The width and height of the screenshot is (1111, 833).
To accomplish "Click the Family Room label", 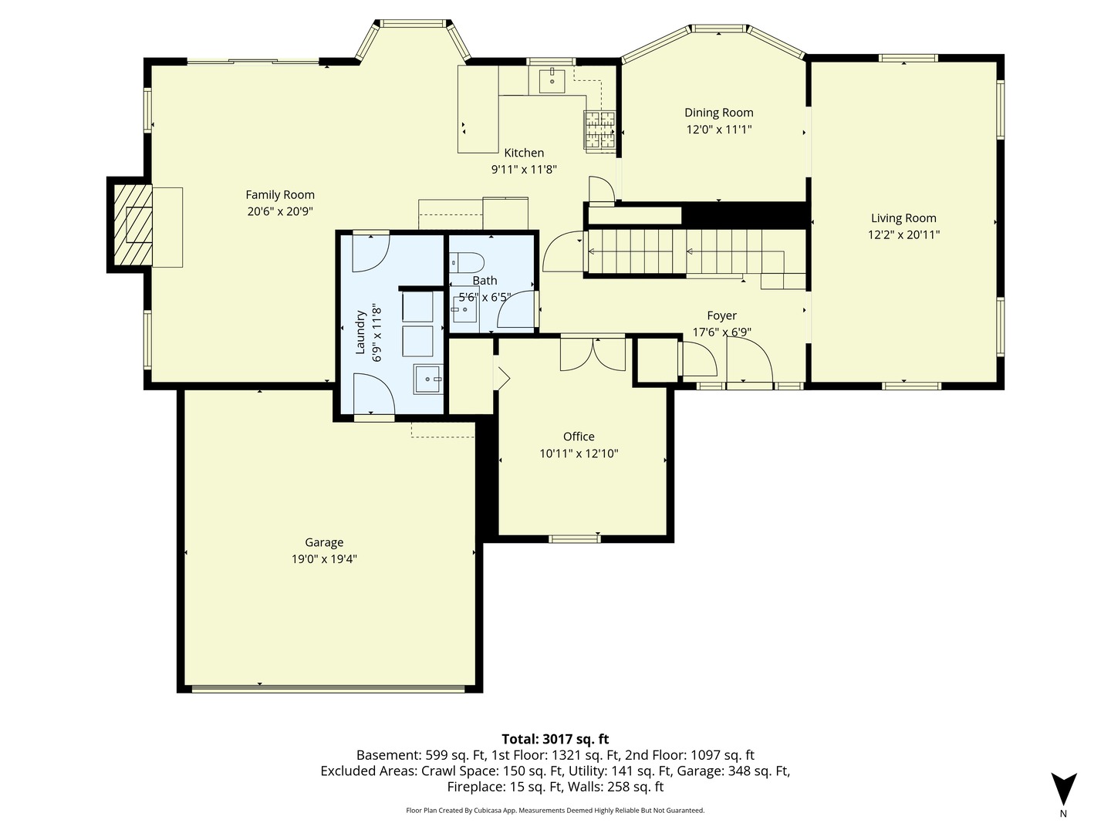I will pos(280,195).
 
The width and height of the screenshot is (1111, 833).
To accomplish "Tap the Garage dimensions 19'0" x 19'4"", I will pos(324,559).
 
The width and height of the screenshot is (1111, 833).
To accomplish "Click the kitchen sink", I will pos(552,80).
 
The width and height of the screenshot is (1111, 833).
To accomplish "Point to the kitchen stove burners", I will pos(599,130).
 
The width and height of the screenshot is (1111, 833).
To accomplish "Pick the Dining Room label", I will pos(718,113).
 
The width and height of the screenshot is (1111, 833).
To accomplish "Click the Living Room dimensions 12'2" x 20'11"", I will pos(903,235).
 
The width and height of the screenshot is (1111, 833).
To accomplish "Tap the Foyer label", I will pos(721,315).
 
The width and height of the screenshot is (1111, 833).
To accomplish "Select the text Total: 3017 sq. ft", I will pos(555,739).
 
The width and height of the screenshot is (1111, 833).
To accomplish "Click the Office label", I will pos(579,437).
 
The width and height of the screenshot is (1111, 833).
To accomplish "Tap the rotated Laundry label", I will pos(360,332).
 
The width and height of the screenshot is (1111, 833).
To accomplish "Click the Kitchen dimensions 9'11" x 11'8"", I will pos(524,170).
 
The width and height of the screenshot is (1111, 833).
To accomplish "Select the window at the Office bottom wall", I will pos(575,538).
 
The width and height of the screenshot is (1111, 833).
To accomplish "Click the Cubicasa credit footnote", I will pos(555,811).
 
